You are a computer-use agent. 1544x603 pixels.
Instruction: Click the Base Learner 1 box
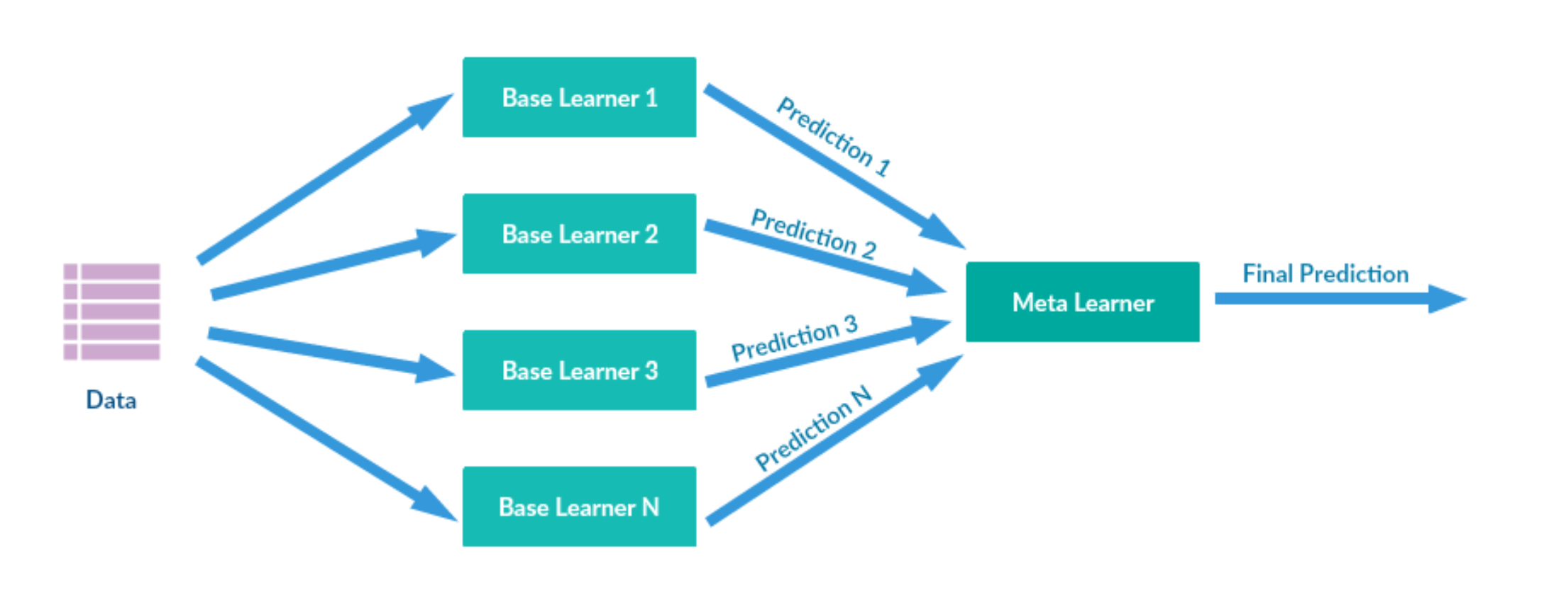point(579,97)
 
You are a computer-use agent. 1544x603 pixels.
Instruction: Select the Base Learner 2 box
point(579,233)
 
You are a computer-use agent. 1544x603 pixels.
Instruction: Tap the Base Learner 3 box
point(579,370)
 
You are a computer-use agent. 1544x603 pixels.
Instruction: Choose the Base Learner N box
point(579,506)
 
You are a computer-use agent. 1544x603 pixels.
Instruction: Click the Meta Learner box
point(1083,301)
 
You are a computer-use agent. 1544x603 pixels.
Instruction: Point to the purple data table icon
point(112,311)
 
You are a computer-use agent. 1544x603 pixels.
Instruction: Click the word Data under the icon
point(111,400)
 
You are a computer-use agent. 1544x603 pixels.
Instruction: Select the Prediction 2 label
point(814,233)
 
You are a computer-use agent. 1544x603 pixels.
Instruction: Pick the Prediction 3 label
point(795,338)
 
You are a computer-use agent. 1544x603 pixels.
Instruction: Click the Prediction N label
point(813,428)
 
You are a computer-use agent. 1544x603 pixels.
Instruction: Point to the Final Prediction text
point(1325,274)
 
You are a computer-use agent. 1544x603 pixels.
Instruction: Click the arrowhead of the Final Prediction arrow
point(1447,299)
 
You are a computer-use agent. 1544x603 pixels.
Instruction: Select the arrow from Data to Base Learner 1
point(326,177)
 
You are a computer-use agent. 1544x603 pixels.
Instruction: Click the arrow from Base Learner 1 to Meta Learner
point(835,167)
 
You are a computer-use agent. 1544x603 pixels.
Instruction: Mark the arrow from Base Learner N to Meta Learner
point(834,440)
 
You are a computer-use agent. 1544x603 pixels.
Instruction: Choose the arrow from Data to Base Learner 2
point(333,264)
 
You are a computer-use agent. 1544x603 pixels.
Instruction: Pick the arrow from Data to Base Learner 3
point(331,355)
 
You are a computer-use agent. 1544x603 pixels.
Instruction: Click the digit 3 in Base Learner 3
point(651,370)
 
